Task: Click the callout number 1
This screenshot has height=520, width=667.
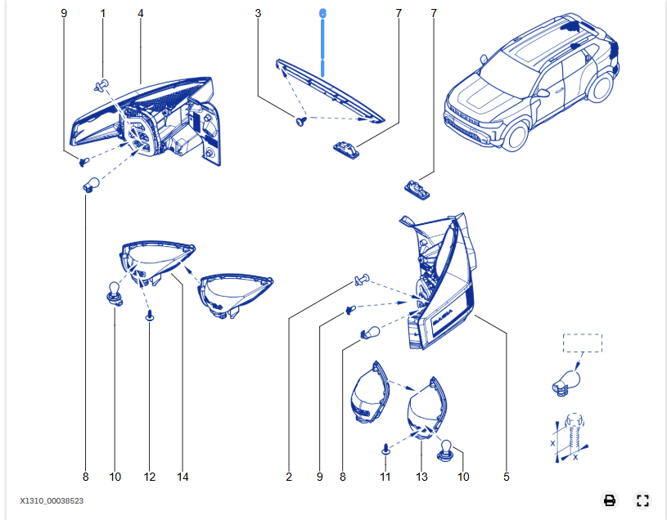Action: (x=103, y=14)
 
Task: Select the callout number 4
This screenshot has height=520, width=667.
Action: (x=141, y=14)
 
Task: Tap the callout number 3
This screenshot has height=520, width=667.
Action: (x=258, y=14)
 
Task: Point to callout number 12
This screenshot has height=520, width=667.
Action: (x=149, y=477)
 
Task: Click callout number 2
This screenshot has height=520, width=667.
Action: (x=289, y=477)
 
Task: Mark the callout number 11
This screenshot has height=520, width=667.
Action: (x=385, y=477)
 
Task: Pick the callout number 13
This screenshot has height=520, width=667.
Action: (x=421, y=477)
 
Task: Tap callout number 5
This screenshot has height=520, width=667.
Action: (x=507, y=477)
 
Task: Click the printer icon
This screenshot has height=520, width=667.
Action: (x=610, y=500)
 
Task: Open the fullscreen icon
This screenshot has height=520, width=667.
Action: (x=642, y=500)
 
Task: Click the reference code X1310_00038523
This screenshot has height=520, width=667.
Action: (x=52, y=500)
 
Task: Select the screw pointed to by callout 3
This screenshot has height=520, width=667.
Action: (x=300, y=122)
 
